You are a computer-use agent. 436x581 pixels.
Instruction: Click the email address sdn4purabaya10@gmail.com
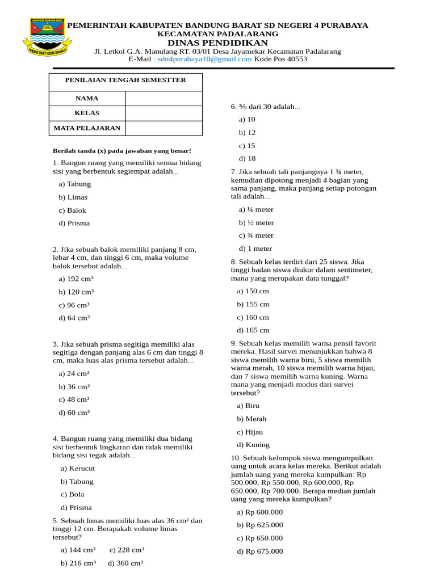(x=204, y=59)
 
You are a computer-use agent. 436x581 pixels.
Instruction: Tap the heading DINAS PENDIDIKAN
(x=217, y=43)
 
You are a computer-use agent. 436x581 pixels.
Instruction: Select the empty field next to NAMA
(x=163, y=99)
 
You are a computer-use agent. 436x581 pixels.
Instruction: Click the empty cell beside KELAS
(x=163, y=113)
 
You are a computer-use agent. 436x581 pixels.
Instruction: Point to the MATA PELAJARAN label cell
(x=87, y=128)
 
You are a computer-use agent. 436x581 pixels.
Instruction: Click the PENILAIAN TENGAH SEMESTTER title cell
(x=125, y=81)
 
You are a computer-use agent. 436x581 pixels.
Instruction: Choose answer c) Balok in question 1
(x=72, y=210)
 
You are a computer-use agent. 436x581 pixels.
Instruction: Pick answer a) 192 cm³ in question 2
(x=76, y=279)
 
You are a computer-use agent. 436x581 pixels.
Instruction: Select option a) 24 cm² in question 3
(x=74, y=374)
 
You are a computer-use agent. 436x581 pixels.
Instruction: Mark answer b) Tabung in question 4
(x=77, y=482)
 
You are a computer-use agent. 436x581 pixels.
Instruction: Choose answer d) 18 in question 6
(x=247, y=159)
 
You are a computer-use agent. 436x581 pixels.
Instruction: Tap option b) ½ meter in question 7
(x=256, y=223)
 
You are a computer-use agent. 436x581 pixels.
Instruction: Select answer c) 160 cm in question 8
(x=253, y=318)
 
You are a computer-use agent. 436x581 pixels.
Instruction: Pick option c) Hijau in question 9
(x=250, y=432)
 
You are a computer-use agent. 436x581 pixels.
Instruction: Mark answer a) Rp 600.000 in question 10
(x=259, y=512)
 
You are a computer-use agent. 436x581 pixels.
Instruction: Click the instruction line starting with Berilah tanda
(x=122, y=151)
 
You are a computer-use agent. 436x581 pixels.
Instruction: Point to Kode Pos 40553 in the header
(x=280, y=59)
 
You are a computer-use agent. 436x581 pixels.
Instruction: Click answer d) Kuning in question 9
(x=253, y=445)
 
